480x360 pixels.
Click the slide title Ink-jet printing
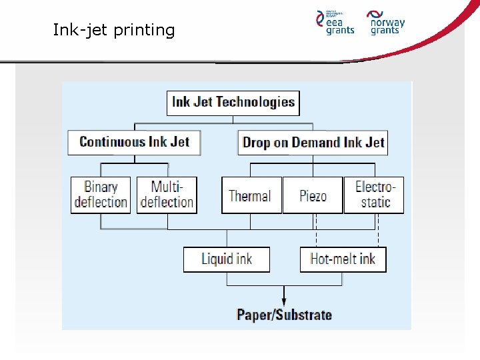(114, 30)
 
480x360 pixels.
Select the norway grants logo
(387, 22)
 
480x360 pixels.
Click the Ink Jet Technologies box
(233, 102)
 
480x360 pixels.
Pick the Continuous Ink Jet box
(134, 142)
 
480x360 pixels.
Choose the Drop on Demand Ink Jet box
(313, 142)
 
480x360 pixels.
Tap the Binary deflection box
(101, 195)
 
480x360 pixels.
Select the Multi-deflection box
(167, 195)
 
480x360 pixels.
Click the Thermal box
(251, 195)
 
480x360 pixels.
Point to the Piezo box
(313, 195)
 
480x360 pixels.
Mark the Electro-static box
(374, 195)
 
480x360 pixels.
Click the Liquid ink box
(227, 259)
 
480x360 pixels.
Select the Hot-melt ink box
(343, 259)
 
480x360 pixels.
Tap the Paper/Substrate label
(284, 315)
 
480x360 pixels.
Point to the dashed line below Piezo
(317, 230)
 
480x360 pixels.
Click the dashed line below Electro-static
(378, 230)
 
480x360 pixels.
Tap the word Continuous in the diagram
(112, 142)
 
